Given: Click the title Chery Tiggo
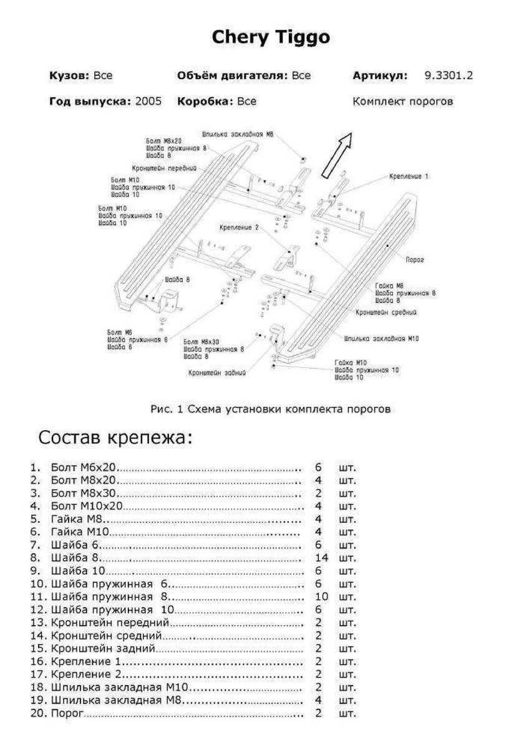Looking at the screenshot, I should click(x=271, y=37).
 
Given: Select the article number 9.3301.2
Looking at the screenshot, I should click(x=449, y=76).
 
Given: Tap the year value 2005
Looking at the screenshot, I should click(x=148, y=101).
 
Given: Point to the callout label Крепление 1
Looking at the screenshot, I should click(x=409, y=176).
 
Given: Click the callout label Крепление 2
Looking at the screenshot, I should click(x=238, y=228).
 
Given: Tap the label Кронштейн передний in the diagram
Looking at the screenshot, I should click(x=164, y=168).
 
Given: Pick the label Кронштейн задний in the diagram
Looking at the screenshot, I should click(x=216, y=373).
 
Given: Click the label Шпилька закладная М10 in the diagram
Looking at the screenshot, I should click(x=381, y=339).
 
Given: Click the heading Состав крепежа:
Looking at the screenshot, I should click(x=115, y=438).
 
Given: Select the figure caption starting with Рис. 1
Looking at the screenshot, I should click(x=270, y=410).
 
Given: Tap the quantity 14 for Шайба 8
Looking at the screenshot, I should click(x=322, y=557).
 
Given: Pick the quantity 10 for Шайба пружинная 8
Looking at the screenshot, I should click(x=322, y=596).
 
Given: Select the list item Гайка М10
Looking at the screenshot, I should click(x=81, y=532).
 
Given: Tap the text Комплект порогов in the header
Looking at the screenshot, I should click(x=402, y=101).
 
